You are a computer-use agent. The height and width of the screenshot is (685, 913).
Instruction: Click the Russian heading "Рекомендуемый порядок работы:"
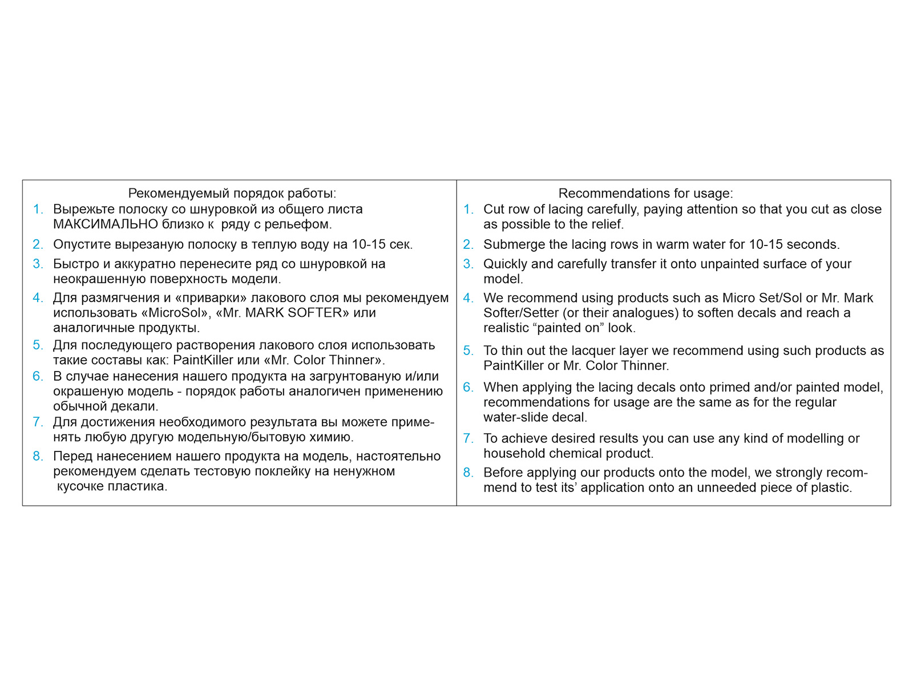click(x=232, y=194)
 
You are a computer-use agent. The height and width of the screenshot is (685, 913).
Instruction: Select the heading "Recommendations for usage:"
click(x=645, y=194)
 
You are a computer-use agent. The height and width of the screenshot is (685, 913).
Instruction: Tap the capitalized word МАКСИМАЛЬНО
click(x=106, y=224)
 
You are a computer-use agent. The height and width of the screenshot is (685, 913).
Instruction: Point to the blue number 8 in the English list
click(x=467, y=473)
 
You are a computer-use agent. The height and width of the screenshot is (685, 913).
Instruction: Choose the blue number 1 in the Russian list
click(x=37, y=209)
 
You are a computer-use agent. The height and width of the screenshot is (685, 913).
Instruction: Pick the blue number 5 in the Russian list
click(x=37, y=345)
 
